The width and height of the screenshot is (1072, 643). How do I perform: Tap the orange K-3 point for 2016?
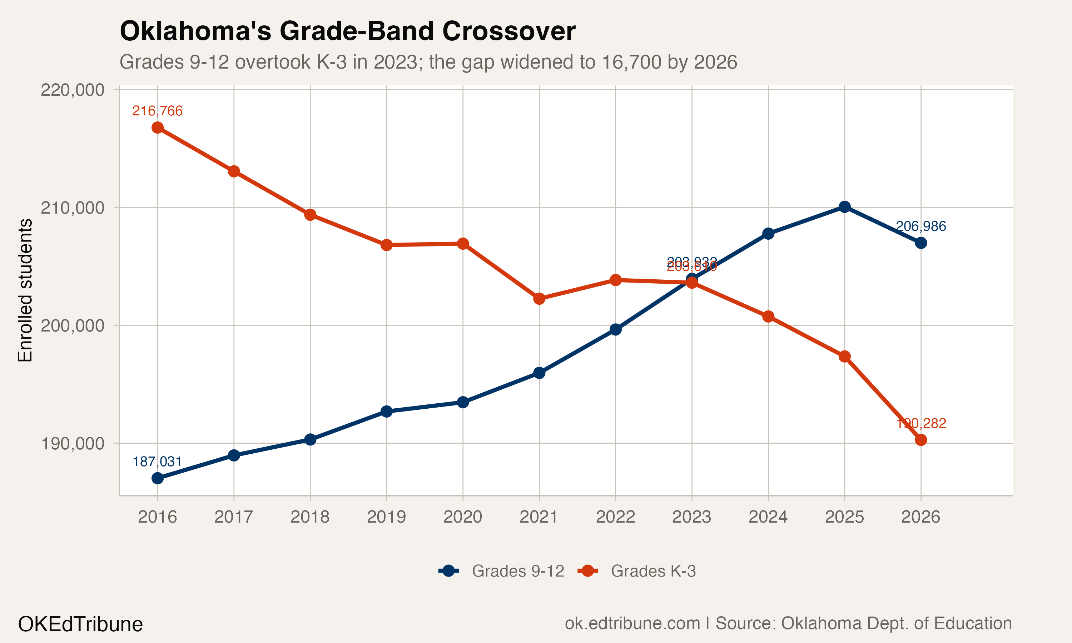click(x=157, y=128)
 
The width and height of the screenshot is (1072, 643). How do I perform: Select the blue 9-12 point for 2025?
click(x=844, y=207)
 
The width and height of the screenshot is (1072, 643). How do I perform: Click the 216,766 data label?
click(x=157, y=111)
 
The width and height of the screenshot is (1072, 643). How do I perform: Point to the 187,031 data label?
click(x=157, y=462)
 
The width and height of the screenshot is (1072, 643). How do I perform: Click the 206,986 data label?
click(x=920, y=226)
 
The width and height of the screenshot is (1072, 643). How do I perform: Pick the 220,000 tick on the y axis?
click(x=73, y=90)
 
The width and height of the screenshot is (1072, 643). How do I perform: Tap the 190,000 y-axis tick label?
click(x=73, y=444)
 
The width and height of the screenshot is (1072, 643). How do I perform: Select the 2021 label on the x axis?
click(x=539, y=517)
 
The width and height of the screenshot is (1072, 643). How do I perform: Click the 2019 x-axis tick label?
click(x=386, y=517)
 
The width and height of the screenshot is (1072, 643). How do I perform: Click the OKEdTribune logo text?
click(x=80, y=624)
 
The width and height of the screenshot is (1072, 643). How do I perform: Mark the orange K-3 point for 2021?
click(x=539, y=299)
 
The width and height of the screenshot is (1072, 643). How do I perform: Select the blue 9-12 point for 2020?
click(x=463, y=402)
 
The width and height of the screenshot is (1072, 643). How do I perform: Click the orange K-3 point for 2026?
click(x=921, y=440)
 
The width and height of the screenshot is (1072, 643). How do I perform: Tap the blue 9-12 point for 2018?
click(x=310, y=439)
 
